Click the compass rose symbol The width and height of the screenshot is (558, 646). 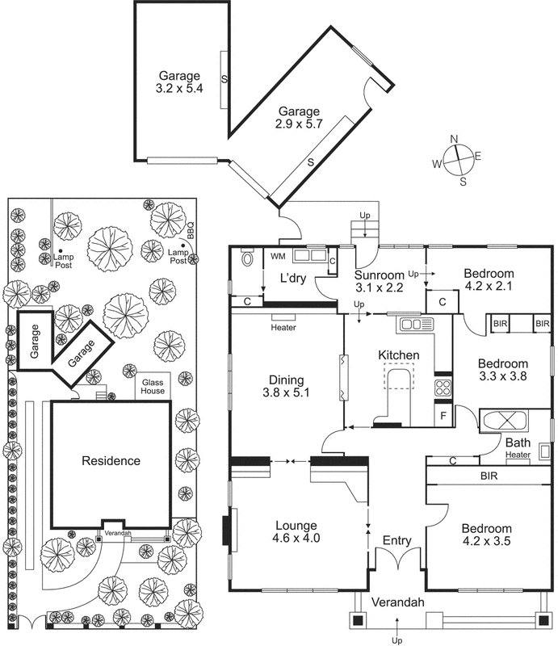coord(457,158)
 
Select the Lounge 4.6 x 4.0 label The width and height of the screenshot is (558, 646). coord(294,531)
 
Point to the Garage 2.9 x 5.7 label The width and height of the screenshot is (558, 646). coord(299,119)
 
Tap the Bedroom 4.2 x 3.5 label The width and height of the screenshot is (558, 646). coord(488,535)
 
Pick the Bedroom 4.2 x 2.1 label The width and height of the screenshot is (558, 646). coord(489,279)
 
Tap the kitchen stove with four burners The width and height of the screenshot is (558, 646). coord(443,386)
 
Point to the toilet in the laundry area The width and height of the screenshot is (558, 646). coord(247,261)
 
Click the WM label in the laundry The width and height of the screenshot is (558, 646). coord(277,257)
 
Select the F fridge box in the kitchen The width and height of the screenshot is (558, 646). coord(443,417)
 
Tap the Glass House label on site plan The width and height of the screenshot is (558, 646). coord(153,387)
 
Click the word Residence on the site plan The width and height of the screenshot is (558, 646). coord(111,461)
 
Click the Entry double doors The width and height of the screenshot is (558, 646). coord(397,559)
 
